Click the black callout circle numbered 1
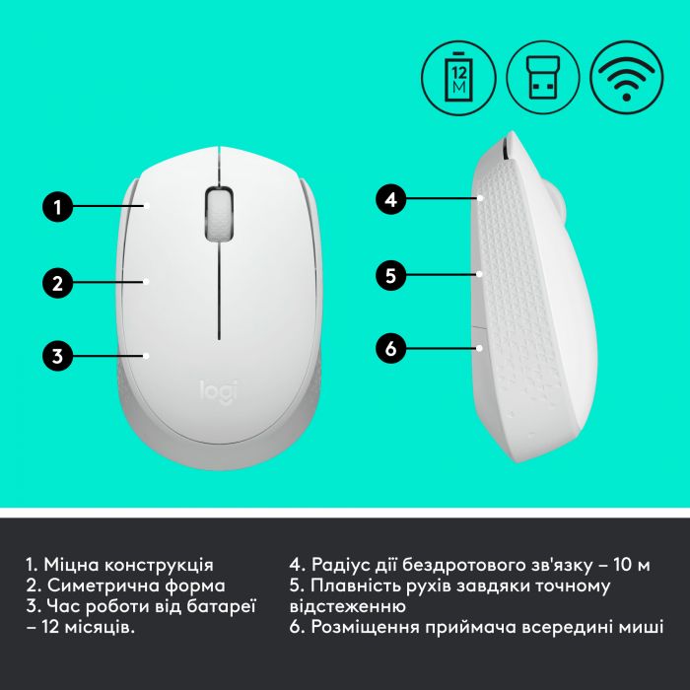(x=58, y=207)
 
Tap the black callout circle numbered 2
(x=58, y=283)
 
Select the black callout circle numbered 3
(x=58, y=355)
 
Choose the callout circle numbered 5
(x=391, y=275)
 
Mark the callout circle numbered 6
(x=391, y=348)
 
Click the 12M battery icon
(x=456, y=74)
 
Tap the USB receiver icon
(x=541, y=74)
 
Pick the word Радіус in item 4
(x=341, y=565)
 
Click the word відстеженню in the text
(x=347, y=607)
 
